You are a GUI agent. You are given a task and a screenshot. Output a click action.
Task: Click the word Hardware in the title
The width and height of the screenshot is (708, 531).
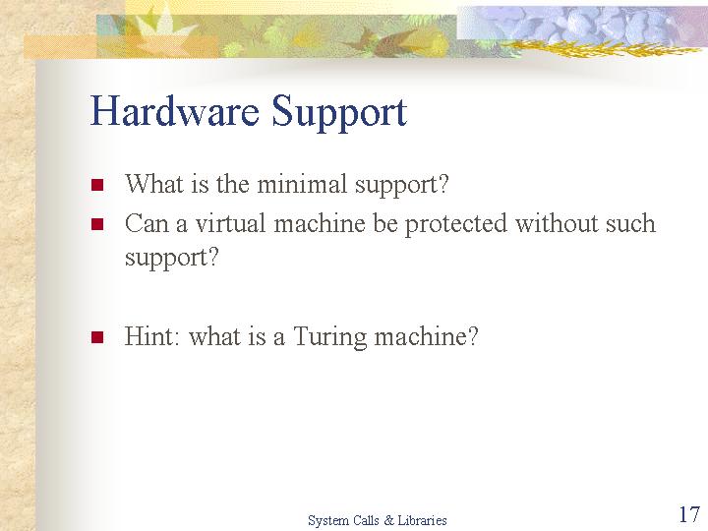click(x=175, y=110)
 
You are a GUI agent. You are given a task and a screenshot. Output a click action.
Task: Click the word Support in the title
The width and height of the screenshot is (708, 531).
click(x=339, y=113)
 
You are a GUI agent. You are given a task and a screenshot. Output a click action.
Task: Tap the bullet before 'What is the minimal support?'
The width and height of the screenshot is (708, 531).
click(x=97, y=185)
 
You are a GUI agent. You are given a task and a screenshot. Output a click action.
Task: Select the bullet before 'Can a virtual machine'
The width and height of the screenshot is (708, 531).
click(x=97, y=224)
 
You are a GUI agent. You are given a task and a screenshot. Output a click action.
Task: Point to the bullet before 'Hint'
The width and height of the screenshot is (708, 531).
click(x=97, y=337)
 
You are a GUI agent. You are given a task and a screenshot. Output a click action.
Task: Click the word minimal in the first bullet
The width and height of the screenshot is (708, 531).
click(x=302, y=184)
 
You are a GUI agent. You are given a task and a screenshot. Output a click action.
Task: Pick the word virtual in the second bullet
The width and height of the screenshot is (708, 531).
click(x=230, y=223)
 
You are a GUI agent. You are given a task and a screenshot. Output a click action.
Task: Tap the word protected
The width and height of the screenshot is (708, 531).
click(x=455, y=225)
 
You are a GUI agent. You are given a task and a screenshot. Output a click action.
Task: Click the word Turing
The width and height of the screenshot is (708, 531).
click(x=330, y=337)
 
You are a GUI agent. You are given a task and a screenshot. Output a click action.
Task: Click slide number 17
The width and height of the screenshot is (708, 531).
click(x=689, y=514)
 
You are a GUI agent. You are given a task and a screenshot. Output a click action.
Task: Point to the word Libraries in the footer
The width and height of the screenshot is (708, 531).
click(x=422, y=520)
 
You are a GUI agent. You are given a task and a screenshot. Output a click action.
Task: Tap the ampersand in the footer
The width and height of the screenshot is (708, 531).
click(x=388, y=520)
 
